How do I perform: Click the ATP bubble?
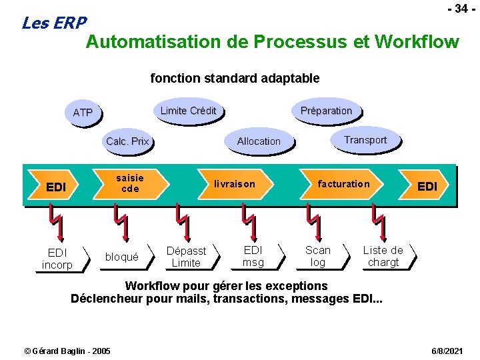click(x=83, y=113)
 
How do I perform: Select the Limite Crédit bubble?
click(x=188, y=111)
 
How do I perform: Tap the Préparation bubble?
click(x=326, y=111)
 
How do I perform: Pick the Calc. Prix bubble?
click(x=127, y=141)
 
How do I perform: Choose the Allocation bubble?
click(x=259, y=141)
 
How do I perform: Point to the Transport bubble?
click(x=365, y=140)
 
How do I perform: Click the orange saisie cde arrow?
click(x=130, y=184)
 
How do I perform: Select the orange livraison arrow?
click(x=234, y=184)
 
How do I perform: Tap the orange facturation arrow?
click(x=343, y=184)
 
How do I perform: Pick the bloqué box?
click(x=122, y=257)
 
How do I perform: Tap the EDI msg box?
click(x=253, y=256)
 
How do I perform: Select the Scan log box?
click(x=318, y=256)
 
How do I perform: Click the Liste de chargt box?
click(x=383, y=256)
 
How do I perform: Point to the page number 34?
click(x=458, y=9)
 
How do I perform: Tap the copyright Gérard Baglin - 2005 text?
click(x=67, y=351)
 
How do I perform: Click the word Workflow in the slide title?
click(x=417, y=42)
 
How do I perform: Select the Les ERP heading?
click(x=54, y=23)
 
